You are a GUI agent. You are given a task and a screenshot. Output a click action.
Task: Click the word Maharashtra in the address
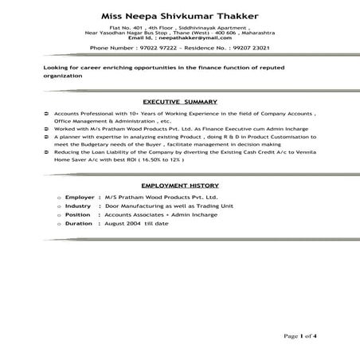pos(260,33)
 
